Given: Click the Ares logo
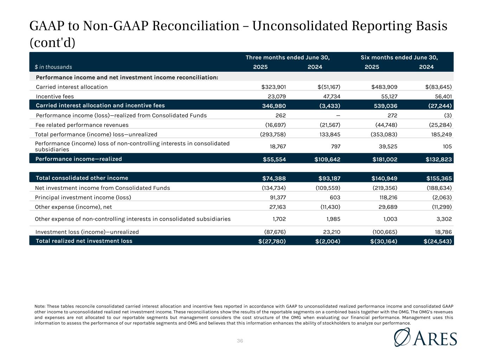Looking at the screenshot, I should pyautogui.click(x=425, y=337).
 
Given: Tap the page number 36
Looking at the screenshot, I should pyautogui.click(x=240, y=341).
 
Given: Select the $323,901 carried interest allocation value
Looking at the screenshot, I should pyautogui.click(x=271, y=87).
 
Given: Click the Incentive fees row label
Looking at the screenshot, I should pyautogui.click(x=55, y=96).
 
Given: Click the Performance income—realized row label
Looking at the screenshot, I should pyautogui.click(x=79, y=159).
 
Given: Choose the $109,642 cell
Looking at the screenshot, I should pyautogui.click(x=327, y=159).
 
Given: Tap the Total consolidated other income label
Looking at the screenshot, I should pyautogui.click(x=82, y=178).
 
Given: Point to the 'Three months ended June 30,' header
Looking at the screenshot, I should pyautogui.click(x=287, y=58).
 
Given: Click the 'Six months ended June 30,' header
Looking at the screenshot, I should pyautogui.click(x=402, y=58).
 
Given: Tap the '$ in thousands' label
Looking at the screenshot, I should pyautogui.click(x=53, y=67).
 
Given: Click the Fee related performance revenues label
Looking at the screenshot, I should pyautogui.click(x=82, y=125).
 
